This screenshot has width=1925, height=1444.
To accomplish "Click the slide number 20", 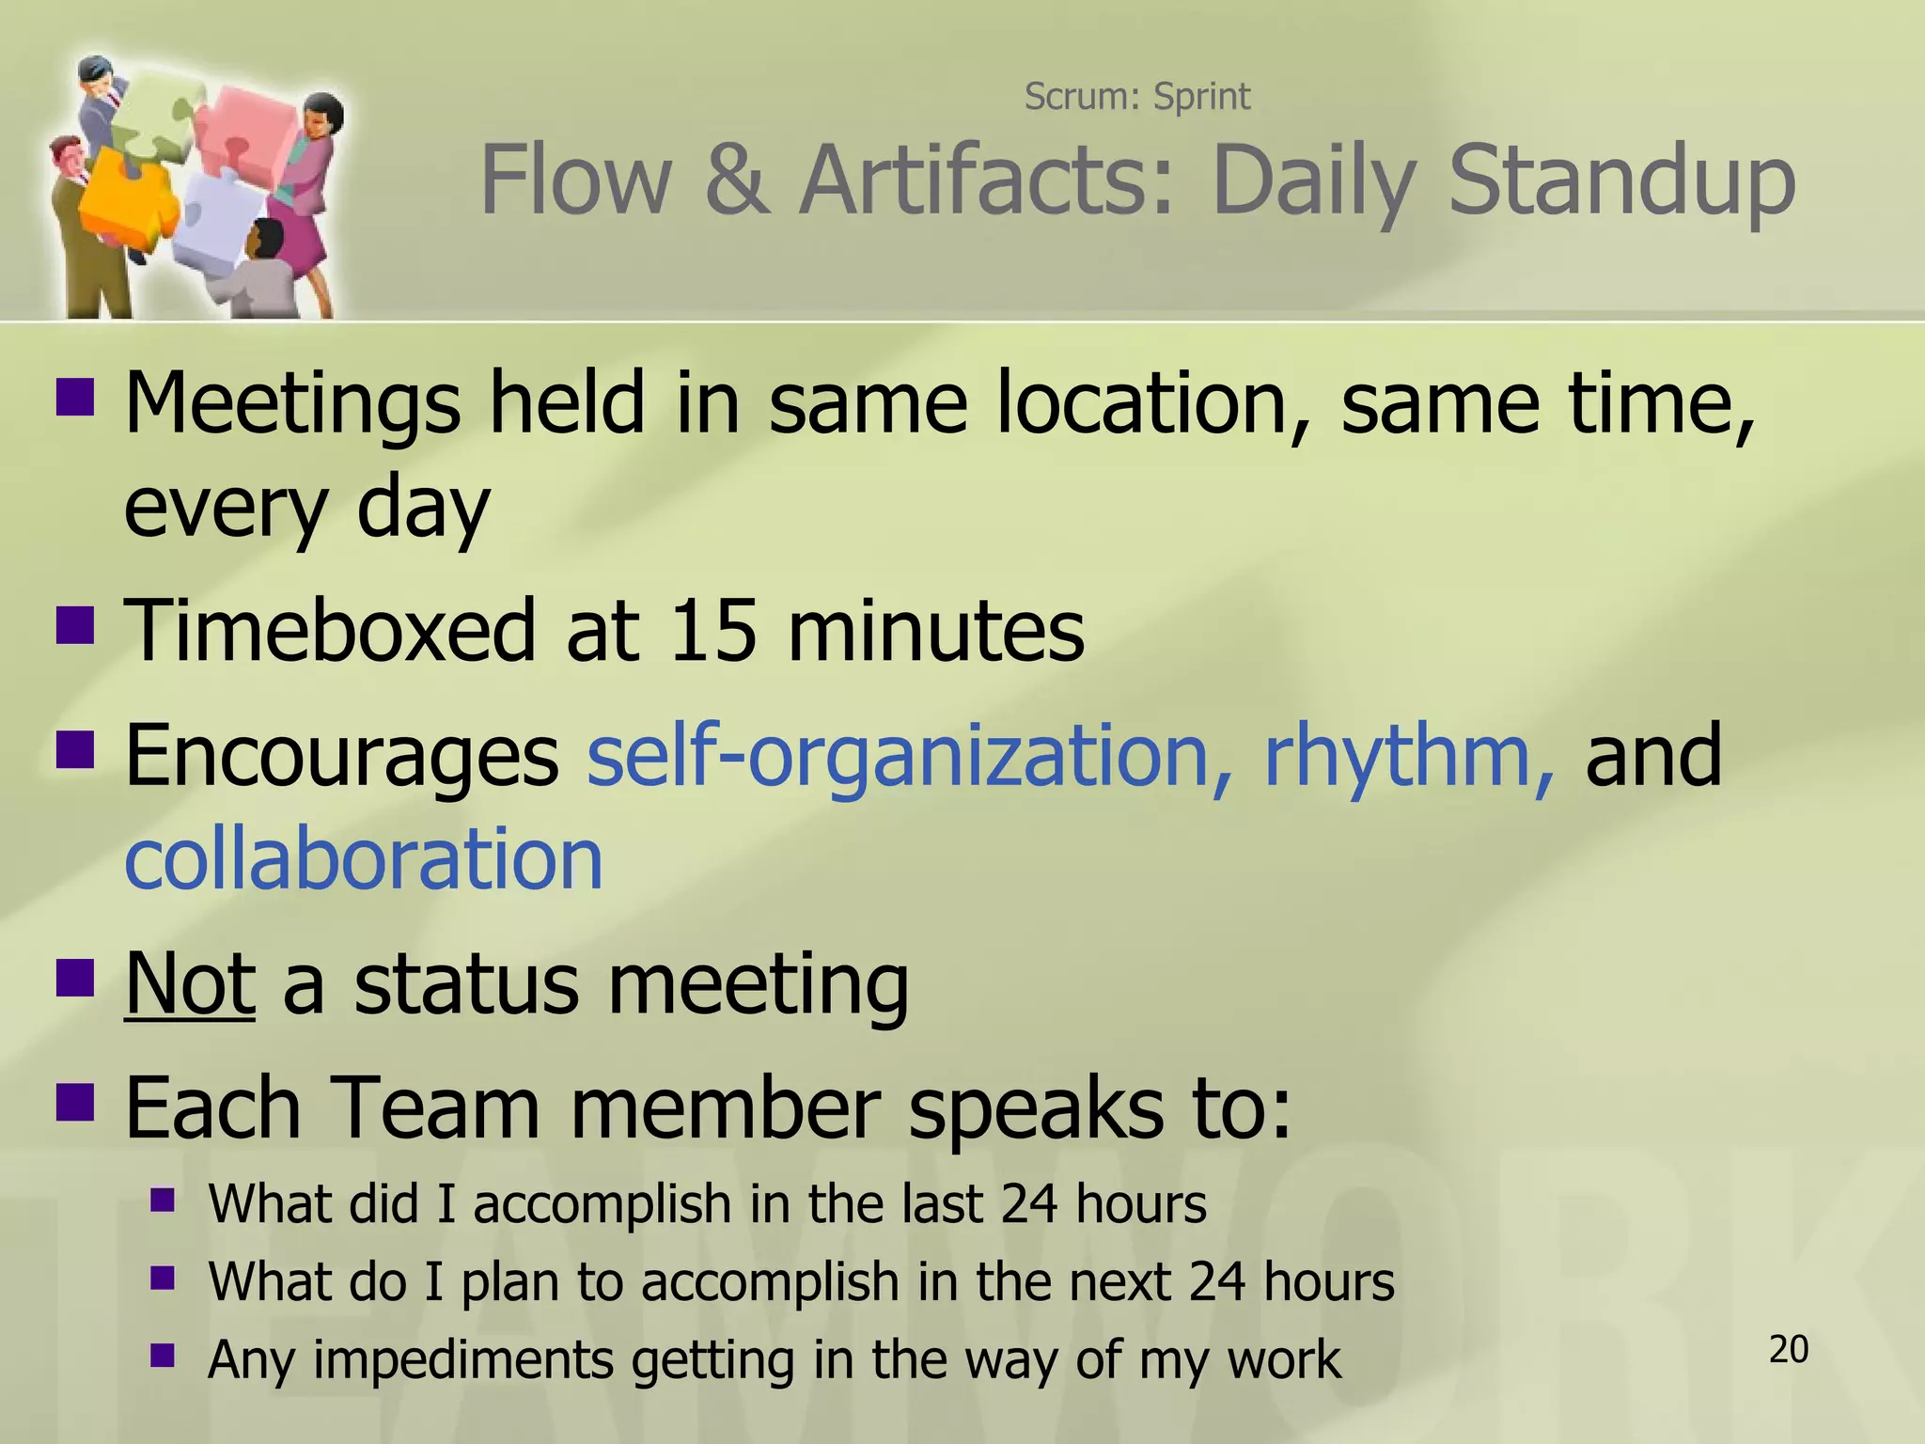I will point(1788,1349).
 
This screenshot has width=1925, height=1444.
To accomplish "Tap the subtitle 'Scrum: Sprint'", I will point(1136,96).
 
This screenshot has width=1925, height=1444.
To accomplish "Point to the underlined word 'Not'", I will point(189,983).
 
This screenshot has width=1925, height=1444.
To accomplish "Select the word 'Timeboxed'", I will point(331,630).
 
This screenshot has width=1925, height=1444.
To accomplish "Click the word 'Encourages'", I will point(342,756).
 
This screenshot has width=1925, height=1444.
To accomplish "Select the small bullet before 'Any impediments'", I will point(163,1355).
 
